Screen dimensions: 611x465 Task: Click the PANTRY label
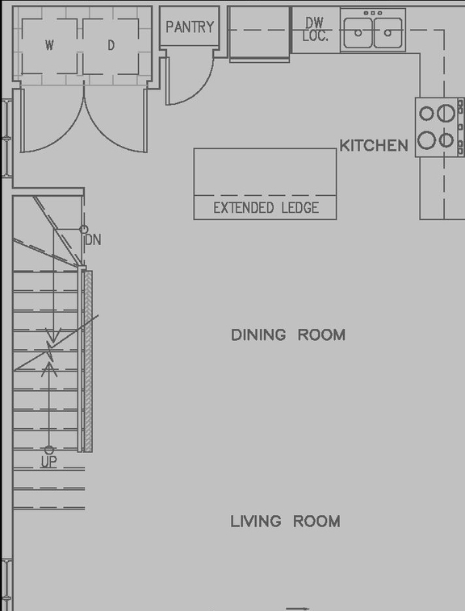click(x=190, y=27)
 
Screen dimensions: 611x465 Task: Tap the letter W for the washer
click(x=50, y=46)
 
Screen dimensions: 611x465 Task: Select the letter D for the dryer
click(x=111, y=46)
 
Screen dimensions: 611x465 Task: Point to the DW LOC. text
click(x=315, y=30)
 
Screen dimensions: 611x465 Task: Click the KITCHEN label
click(x=374, y=146)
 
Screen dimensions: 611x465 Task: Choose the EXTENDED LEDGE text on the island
click(x=265, y=208)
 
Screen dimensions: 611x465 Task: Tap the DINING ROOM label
click(x=288, y=335)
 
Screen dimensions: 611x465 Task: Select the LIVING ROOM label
click(x=285, y=522)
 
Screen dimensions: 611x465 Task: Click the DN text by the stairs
click(x=93, y=240)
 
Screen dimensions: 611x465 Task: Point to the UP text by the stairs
click(x=49, y=463)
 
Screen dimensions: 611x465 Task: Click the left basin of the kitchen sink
click(x=358, y=33)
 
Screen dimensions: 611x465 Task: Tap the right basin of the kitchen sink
click(x=388, y=33)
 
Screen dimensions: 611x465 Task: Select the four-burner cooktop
click(x=437, y=127)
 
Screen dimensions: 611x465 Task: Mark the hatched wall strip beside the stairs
click(x=88, y=360)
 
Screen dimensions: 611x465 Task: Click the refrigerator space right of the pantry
click(x=259, y=34)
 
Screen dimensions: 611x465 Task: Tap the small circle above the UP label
click(x=49, y=450)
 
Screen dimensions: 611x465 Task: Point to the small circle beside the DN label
click(x=84, y=230)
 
